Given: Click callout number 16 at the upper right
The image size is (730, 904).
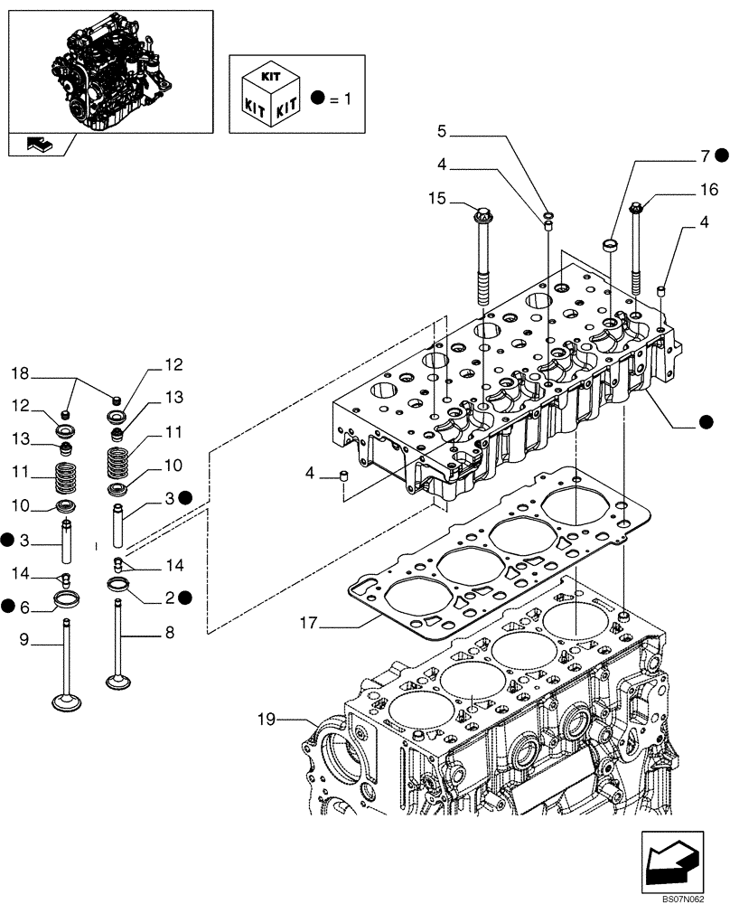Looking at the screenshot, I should [x=707, y=190].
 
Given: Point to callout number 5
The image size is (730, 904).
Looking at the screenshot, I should [x=441, y=132].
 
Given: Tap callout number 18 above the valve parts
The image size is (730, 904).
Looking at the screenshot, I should [x=20, y=372].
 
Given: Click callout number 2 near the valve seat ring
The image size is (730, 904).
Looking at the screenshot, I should [x=168, y=597].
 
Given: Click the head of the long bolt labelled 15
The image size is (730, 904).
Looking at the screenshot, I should [x=481, y=215].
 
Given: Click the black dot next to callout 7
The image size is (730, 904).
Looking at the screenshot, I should [x=721, y=156].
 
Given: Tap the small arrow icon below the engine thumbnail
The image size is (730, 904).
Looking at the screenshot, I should [x=40, y=143].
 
